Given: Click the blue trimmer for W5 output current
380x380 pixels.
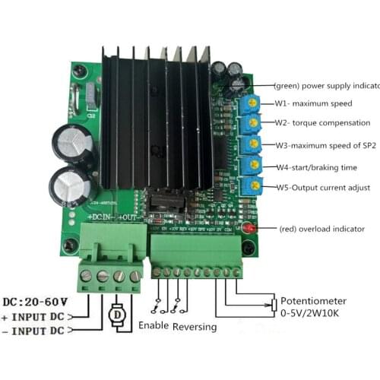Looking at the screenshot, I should (255, 185).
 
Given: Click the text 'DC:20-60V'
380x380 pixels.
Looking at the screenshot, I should (36, 299).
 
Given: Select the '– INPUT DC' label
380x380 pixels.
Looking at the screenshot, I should (38, 331).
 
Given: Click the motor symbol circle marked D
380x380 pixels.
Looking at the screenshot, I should (118, 314).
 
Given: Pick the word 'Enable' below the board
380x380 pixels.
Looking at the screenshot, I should (154, 325).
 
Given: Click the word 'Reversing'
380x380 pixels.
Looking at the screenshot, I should (194, 326).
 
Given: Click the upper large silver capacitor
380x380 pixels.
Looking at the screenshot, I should (73, 142).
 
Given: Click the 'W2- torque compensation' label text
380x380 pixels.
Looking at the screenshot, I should (323, 123).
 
